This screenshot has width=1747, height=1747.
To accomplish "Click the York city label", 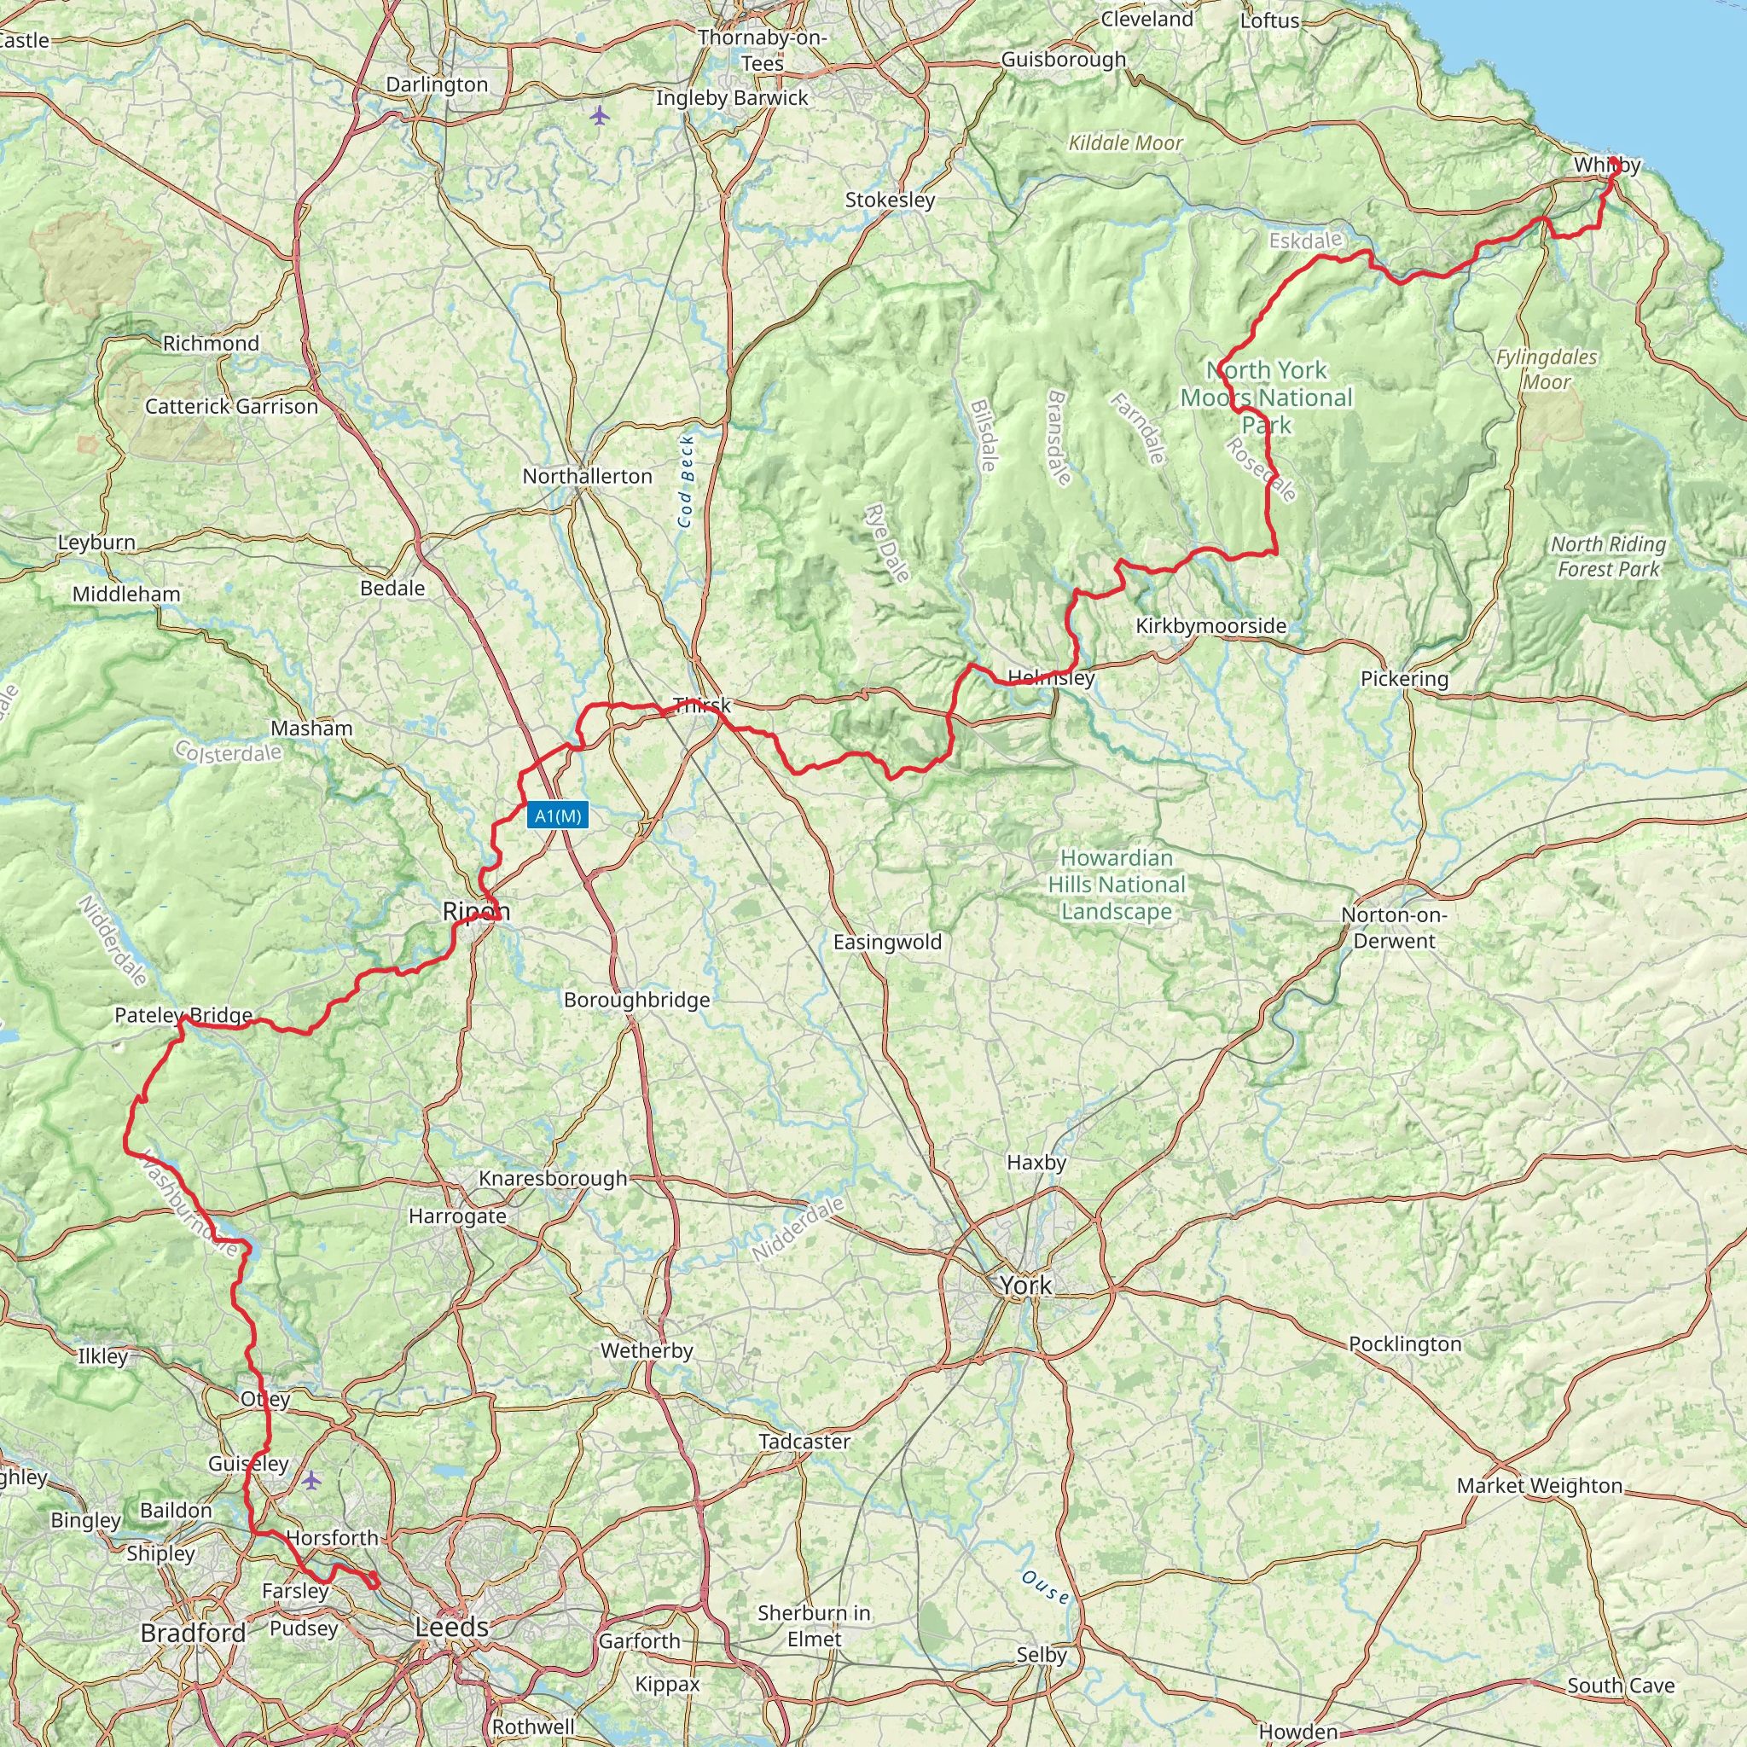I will pos(1025,1285).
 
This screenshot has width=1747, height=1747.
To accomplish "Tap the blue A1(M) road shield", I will pos(558,815).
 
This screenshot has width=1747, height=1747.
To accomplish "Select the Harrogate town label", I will pos(457,1216).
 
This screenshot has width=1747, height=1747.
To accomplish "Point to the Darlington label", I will pos(437,84).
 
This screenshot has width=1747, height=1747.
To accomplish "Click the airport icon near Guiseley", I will pos(311,1480).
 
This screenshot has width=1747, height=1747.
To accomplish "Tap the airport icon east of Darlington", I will pos(599,115).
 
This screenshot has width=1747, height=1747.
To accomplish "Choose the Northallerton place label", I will pos(587,476).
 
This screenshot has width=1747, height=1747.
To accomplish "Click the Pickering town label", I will pos(1404,678).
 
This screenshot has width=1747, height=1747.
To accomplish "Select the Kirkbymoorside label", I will pos(1210,626).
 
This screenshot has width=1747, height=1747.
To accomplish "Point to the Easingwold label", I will pos(887,943).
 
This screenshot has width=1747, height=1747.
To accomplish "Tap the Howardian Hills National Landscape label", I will pos(1117,885).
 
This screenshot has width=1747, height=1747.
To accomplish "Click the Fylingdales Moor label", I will pos(1547,369).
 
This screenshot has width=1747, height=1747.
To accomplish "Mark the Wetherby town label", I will pos(647,1351).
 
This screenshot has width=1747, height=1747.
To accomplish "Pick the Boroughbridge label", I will pos(636,1000).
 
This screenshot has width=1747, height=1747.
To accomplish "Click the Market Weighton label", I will pos(1539,1486).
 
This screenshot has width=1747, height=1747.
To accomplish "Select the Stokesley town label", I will pos(890,200).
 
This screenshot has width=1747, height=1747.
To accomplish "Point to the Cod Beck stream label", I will pos(687,481).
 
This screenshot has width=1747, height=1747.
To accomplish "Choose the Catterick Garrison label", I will pos(231,407).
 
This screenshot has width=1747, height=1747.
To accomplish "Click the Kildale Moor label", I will pos(1126,142).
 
